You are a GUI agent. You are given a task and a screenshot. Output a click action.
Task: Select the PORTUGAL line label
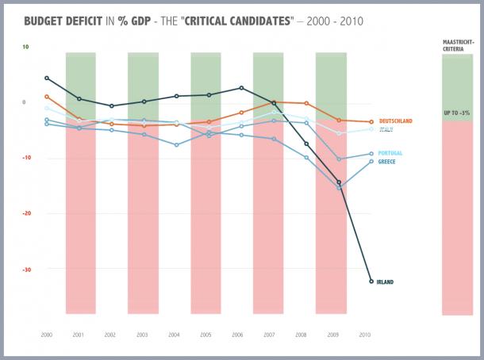tap(391, 153)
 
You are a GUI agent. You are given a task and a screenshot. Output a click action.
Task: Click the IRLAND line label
tap(386, 281)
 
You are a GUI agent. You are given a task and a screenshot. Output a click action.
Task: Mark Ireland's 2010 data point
tap(371, 281)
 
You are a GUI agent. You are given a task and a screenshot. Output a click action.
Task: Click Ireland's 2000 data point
tap(47, 78)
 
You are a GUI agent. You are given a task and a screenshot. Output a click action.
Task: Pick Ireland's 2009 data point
tap(339, 182)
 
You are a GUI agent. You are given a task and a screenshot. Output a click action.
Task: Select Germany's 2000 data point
tap(47, 97)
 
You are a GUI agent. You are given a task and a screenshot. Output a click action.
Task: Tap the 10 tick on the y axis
tap(25, 47)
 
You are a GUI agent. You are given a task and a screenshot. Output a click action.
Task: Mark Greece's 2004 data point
tap(176, 145)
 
